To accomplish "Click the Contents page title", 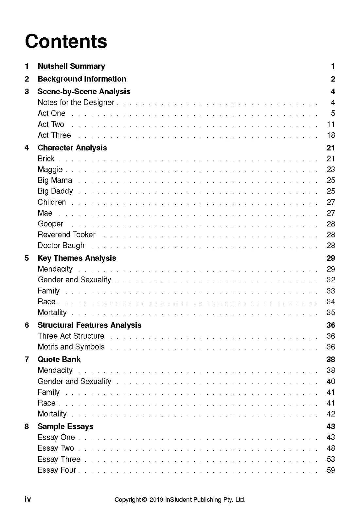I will pyautogui.click(x=66, y=42).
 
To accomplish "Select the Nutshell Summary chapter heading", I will pyautogui.click(x=71, y=66).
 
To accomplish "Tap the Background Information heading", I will pyautogui.click(x=82, y=79).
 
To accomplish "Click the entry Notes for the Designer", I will pyautogui.click(x=76, y=103).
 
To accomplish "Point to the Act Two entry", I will pyautogui.click(x=51, y=124).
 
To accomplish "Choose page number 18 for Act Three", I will pyautogui.click(x=331, y=135).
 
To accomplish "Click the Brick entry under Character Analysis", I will pyautogui.click(x=46, y=159).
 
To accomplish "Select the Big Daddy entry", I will pyautogui.click(x=55, y=191).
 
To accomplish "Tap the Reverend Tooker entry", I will pyautogui.click(x=66, y=235).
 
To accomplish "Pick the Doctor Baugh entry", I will pyautogui.click(x=61, y=246).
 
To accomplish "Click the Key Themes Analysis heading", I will pyautogui.click(x=77, y=258).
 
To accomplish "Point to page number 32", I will pyautogui.click(x=331, y=280).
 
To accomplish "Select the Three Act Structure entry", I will pyautogui.click(x=71, y=336).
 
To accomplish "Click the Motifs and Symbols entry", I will pyautogui.click(x=71, y=347).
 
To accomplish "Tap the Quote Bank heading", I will pyautogui.click(x=59, y=360).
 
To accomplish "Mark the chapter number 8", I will pyautogui.click(x=27, y=426).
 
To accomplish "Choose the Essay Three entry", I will pyautogui.click(x=59, y=459).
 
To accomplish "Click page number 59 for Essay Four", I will pyautogui.click(x=331, y=470).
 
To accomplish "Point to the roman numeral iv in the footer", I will pyautogui.click(x=28, y=499).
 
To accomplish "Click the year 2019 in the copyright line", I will pyautogui.click(x=156, y=500).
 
